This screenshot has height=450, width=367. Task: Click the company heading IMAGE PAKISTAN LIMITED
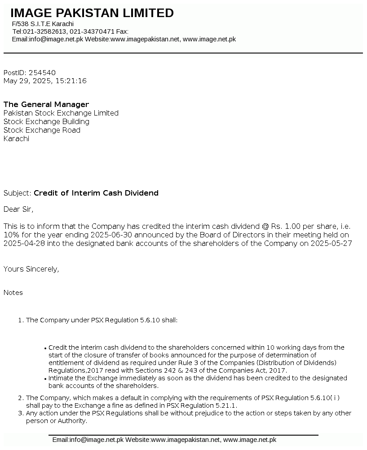pos(92,13)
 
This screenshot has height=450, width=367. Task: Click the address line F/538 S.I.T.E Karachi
pos(43,24)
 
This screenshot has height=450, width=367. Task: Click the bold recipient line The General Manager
pos(46,104)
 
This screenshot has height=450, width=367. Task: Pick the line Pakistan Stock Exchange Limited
pos(61,113)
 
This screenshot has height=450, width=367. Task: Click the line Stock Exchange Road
pos(42,130)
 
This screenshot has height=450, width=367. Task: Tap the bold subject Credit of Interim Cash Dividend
pos(96,193)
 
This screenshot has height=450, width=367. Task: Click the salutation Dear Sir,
pos(18,209)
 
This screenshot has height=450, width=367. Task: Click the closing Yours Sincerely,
pos(31,269)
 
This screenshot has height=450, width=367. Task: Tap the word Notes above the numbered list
pos(13,293)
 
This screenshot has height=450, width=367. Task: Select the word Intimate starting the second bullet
pos(62,378)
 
